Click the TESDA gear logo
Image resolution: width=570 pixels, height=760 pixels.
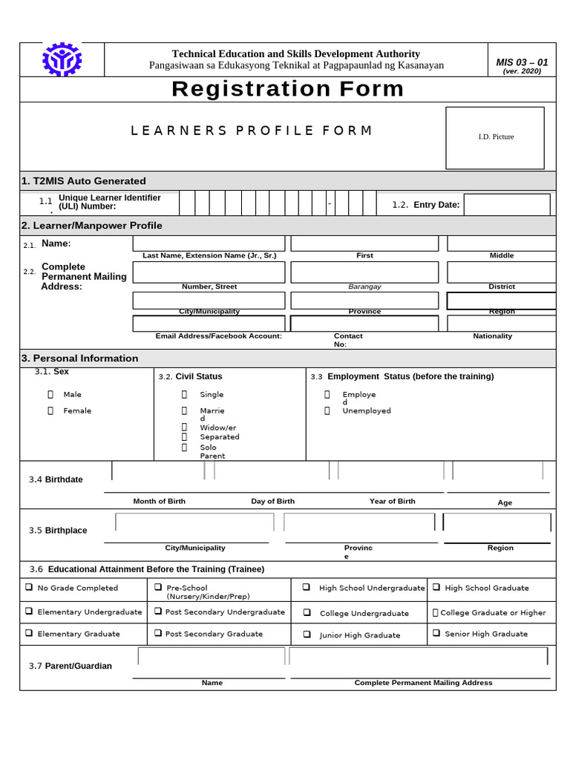click(x=62, y=60)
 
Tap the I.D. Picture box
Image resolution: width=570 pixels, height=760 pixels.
click(x=494, y=137)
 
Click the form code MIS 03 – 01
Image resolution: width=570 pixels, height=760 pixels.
click(x=522, y=62)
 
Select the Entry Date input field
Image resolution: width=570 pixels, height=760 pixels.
click(x=507, y=204)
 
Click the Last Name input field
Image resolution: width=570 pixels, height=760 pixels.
click(x=209, y=243)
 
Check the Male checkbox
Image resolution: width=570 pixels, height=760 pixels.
click(x=50, y=395)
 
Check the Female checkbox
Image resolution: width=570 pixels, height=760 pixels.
click(x=50, y=410)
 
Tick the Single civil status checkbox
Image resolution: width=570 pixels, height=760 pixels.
click(x=184, y=395)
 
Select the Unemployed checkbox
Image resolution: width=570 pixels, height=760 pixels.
click(x=327, y=410)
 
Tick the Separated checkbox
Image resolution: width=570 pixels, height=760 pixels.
click(x=184, y=437)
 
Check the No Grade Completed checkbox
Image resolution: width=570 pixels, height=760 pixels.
click(x=28, y=588)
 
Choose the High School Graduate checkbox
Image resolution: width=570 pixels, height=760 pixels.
click(x=437, y=588)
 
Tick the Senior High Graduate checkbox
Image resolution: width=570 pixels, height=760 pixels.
click(x=437, y=634)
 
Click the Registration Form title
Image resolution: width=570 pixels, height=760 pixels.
click(x=288, y=89)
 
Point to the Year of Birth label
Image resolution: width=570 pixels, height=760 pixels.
click(x=392, y=502)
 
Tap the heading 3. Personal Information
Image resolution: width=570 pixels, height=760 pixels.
click(x=80, y=358)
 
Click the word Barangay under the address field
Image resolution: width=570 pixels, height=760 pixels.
click(x=364, y=286)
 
